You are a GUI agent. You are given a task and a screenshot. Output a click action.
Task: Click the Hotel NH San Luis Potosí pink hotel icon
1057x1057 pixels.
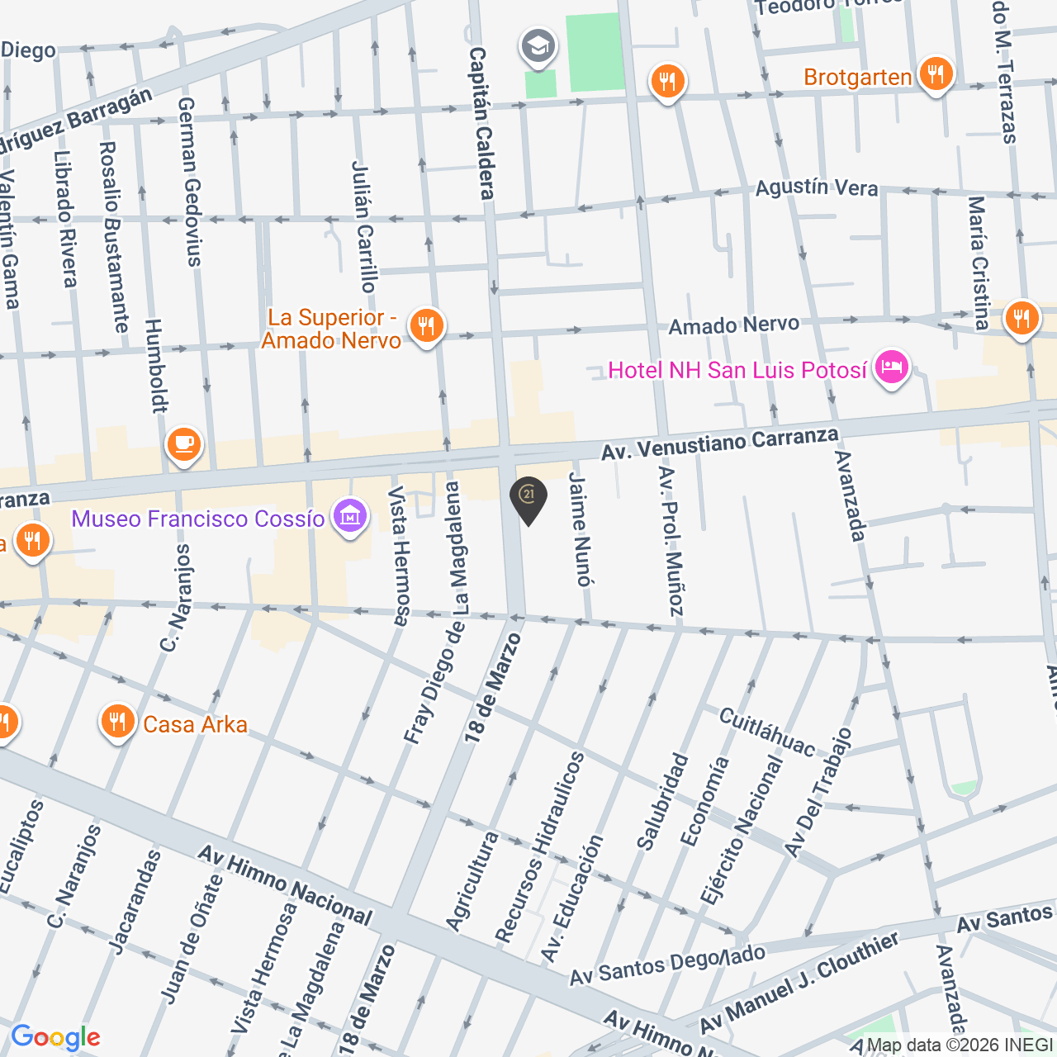[892, 368]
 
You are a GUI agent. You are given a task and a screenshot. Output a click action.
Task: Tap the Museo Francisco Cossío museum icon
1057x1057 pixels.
[349, 517]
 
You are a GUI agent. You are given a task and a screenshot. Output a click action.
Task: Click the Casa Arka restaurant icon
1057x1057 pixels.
[117, 723]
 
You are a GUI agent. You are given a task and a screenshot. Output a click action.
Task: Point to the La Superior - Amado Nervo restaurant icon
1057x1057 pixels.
[426, 327]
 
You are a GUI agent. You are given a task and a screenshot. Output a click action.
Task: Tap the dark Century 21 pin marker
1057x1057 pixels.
[528, 499]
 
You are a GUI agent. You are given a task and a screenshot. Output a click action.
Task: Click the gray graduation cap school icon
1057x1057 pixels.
[538, 46]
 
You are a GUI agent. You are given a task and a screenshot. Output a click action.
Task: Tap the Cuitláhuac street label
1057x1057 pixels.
[766, 732]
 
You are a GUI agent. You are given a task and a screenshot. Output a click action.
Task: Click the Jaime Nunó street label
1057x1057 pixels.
[581, 529]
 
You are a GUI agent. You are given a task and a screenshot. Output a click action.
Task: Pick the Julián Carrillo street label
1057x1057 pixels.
[364, 226]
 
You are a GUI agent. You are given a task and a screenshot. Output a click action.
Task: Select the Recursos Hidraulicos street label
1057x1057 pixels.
[540, 846]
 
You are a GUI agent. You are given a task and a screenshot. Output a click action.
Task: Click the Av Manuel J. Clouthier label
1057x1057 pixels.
[799, 983]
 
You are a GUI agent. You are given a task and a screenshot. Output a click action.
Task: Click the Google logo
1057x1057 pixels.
[55, 1037]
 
